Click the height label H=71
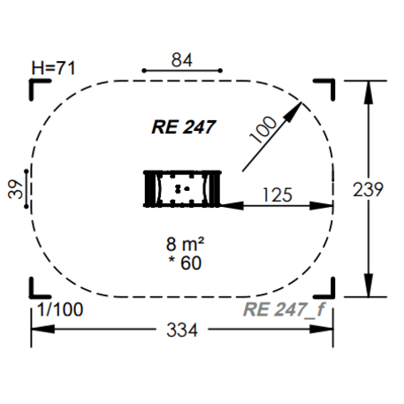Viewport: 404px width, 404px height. click(53, 68)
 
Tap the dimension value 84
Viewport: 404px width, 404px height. click(182, 60)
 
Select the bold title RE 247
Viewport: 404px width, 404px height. click(184, 127)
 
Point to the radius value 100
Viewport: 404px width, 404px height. click(263, 130)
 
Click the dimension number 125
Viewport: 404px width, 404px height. click(278, 194)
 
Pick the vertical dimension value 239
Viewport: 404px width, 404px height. click(368, 189)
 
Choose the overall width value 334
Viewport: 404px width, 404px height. click(182, 330)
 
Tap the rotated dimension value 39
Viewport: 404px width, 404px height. click(16, 189)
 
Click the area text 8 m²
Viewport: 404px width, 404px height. click(185, 244)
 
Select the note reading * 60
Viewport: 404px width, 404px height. click(185, 263)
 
